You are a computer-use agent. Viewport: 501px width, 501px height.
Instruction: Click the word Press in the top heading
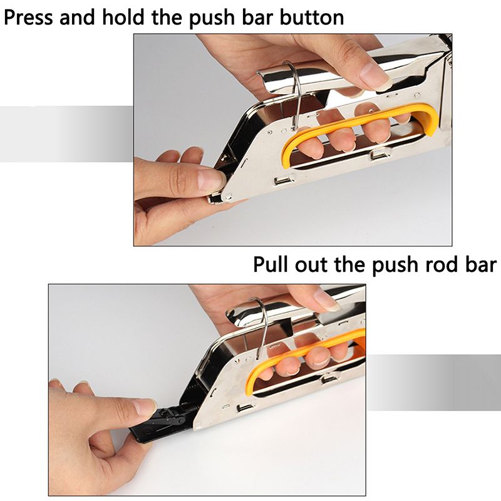(28, 18)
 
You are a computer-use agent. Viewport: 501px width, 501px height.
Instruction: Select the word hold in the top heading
(123, 17)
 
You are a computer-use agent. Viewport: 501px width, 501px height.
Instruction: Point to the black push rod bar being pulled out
(160, 422)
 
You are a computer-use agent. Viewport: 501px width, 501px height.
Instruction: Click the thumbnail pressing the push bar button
(210, 180)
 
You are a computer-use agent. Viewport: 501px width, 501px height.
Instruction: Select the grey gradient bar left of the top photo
(66, 133)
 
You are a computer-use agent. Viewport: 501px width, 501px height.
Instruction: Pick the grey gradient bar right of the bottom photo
(434, 382)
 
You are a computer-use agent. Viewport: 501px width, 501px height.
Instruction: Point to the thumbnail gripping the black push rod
(145, 406)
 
